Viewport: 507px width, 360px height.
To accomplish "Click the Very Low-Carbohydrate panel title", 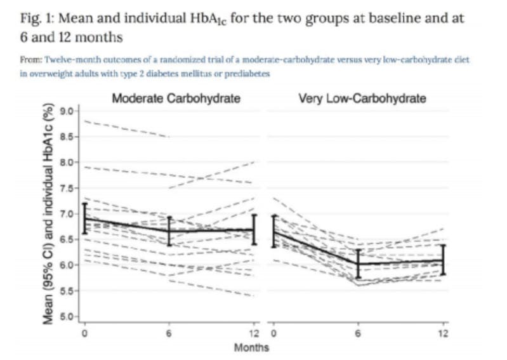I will [361, 99].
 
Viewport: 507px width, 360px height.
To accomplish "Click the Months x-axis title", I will [251, 347].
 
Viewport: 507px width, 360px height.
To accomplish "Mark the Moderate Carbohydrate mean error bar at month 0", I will [84, 218].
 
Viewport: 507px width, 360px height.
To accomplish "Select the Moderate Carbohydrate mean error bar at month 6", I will [169, 231].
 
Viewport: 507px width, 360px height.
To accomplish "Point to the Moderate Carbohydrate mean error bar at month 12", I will [254, 229].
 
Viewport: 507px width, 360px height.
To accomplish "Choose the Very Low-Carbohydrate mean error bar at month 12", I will [443, 260].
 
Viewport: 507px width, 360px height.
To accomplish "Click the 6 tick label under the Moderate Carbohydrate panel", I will [169, 333].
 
